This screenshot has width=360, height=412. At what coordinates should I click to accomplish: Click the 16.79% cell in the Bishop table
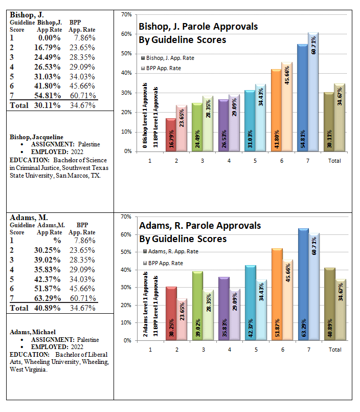tap(47, 48)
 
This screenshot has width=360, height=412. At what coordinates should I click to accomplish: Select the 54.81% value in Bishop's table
tap(47, 95)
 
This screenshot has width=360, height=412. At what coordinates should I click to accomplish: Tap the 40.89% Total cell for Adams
tap(47, 308)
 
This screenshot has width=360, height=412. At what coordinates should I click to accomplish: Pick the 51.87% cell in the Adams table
tap(47, 289)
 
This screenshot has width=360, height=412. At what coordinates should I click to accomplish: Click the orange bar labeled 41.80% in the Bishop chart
tap(276, 111)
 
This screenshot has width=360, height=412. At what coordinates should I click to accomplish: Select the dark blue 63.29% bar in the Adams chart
tap(304, 285)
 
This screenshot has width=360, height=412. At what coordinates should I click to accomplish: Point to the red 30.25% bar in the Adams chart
tap(171, 314)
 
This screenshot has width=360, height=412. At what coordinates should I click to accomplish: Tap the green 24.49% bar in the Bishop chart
tap(197, 127)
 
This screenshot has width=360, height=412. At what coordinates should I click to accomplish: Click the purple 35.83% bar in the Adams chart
tap(224, 309)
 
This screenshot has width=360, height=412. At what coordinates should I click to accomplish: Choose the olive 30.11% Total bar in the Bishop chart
tap(329, 122)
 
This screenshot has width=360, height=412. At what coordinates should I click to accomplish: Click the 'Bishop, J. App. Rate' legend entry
tap(168, 58)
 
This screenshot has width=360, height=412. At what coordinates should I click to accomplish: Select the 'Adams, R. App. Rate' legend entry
tap(171, 251)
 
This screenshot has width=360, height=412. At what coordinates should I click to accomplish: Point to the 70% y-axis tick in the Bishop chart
tap(126, 15)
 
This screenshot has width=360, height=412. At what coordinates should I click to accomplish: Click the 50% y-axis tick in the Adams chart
tap(126, 252)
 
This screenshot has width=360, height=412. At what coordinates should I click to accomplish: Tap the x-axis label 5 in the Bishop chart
tap(255, 161)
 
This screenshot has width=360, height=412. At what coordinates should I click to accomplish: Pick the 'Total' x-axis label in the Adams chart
tap(335, 350)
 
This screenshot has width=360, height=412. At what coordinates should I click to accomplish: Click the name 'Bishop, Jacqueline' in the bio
tap(36, 137)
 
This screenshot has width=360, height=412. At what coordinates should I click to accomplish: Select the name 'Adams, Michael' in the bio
tap(33, 332)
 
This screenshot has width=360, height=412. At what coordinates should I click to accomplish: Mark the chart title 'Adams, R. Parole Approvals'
tap(200, 226)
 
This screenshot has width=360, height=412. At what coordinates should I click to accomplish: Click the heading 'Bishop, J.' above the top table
tap(27, 15)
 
